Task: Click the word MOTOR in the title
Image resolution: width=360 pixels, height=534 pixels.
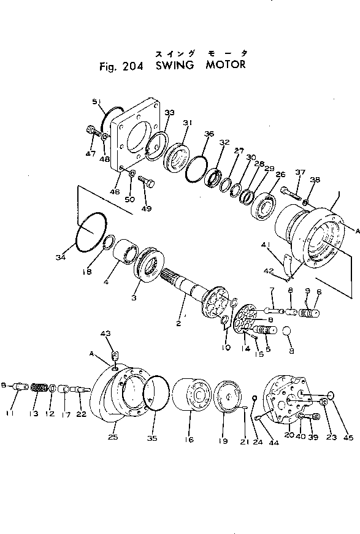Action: tap(224, 65)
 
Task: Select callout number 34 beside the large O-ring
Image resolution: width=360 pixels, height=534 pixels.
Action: tap(60, 257)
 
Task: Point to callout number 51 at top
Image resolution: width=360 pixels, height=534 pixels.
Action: tap(96, 102)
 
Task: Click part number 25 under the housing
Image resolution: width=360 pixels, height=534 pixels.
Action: tap(113, 438)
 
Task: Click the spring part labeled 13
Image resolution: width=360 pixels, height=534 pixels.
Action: tap(40, 389)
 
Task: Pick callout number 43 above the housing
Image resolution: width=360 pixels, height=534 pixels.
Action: tap(105, 333)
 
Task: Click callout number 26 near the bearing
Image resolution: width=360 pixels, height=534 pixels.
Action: tap(280, 175)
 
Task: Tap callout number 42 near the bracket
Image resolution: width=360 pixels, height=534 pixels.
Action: tap(267, 270)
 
